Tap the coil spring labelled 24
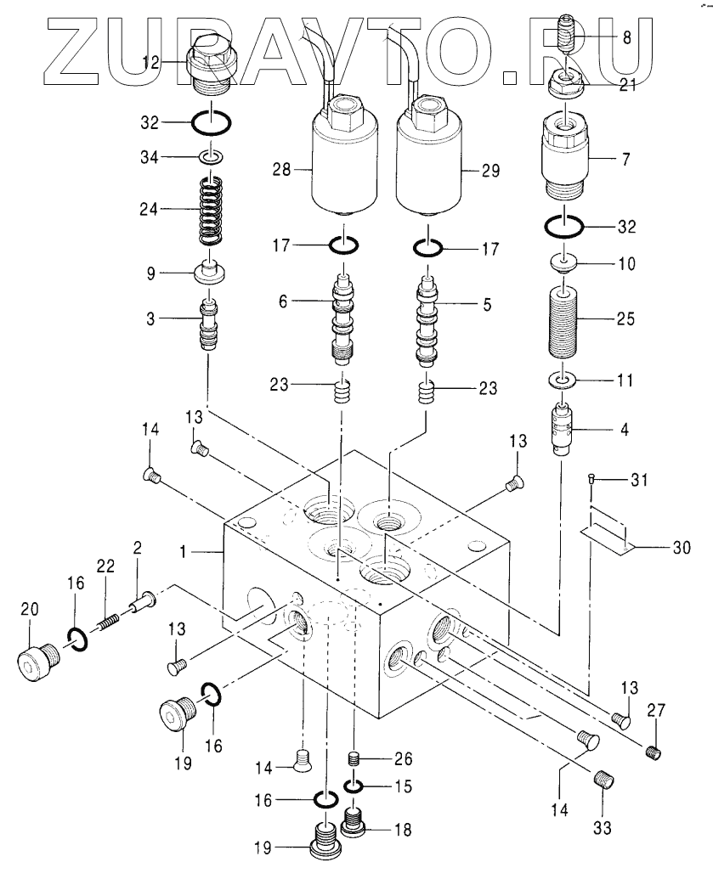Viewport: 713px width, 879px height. click(x=212, y=211)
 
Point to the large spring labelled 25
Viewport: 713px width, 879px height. click(x=563, y=319)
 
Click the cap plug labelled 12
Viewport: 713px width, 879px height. click(x=210, y=67)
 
